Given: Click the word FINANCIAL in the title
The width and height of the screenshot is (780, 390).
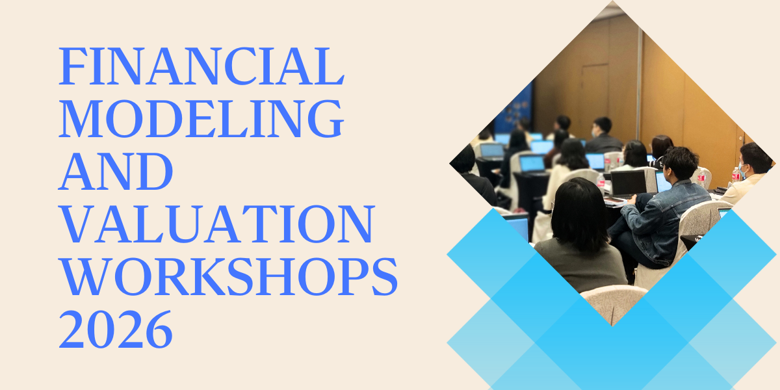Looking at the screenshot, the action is tap(201, 66).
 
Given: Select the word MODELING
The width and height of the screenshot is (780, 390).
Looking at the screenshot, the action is tap(201, 119).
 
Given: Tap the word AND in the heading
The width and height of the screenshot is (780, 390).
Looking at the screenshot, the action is tap(116, 172).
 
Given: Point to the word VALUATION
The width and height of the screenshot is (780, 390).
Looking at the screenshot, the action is tap(216, 224).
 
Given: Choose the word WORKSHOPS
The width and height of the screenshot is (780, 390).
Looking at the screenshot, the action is tap(228, 276).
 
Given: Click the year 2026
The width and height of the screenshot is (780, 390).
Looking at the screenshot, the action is tap(116, 329).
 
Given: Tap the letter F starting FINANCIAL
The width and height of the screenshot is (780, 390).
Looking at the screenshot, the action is tap(73, 66).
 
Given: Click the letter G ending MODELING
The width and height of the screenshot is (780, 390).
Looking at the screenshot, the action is tap(326, 119).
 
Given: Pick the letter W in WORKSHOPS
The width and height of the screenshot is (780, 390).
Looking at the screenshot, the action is tap(86, 277).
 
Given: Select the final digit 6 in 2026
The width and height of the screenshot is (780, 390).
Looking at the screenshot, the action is tap(159, 329).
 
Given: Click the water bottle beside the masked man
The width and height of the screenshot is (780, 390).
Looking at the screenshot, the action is tap(735, 174).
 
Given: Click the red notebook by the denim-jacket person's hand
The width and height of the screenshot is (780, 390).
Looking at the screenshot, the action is tap(614, 201).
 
